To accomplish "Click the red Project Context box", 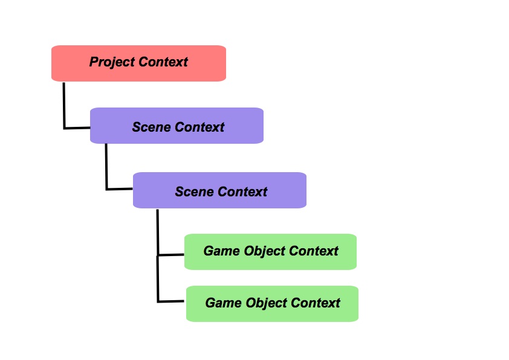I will pyautogui.click(x=138, y=63).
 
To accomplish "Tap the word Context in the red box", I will pyautogui.click(x=163, y=62).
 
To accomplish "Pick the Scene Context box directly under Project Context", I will pyautogui.click(x=177, y=126).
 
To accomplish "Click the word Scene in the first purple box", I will pyautogui.click(x=152, y=127).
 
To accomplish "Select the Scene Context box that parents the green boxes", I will pyautogui.click(x=219, y=190).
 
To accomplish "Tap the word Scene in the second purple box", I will pyautogui.click(x=195, y=192).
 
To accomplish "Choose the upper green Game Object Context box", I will pyautogui.click(x=270, y=251).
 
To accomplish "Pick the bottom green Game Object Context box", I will pyautogui.click(x=272, y=303).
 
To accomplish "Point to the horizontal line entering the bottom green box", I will pyautogui.click(x=172, y=301).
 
